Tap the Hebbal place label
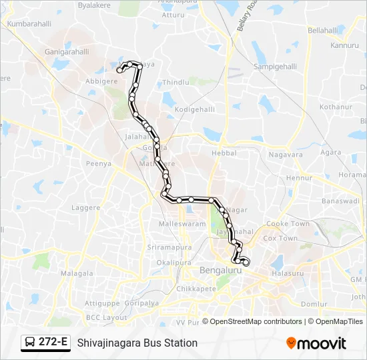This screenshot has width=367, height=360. [x=224, y=153]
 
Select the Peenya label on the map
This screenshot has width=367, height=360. [x=98, y=163]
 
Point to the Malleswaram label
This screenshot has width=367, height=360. [x=182, y=225]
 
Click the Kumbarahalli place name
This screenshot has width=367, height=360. [x=29, y=23]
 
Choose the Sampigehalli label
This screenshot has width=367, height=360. [x=276, y=67]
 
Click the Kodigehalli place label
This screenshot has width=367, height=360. [x=194, y=109]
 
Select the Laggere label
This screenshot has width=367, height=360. [x=86, y=207]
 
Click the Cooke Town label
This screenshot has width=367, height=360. [x=288, y=224]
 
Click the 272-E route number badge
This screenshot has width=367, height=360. [x=53, y=343]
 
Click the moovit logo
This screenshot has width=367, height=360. [x=316, y=343]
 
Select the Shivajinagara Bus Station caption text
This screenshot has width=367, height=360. [x=137, y=343]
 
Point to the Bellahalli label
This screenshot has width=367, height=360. [x=324, y=31]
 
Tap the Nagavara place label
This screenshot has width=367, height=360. [x=286, y=155]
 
